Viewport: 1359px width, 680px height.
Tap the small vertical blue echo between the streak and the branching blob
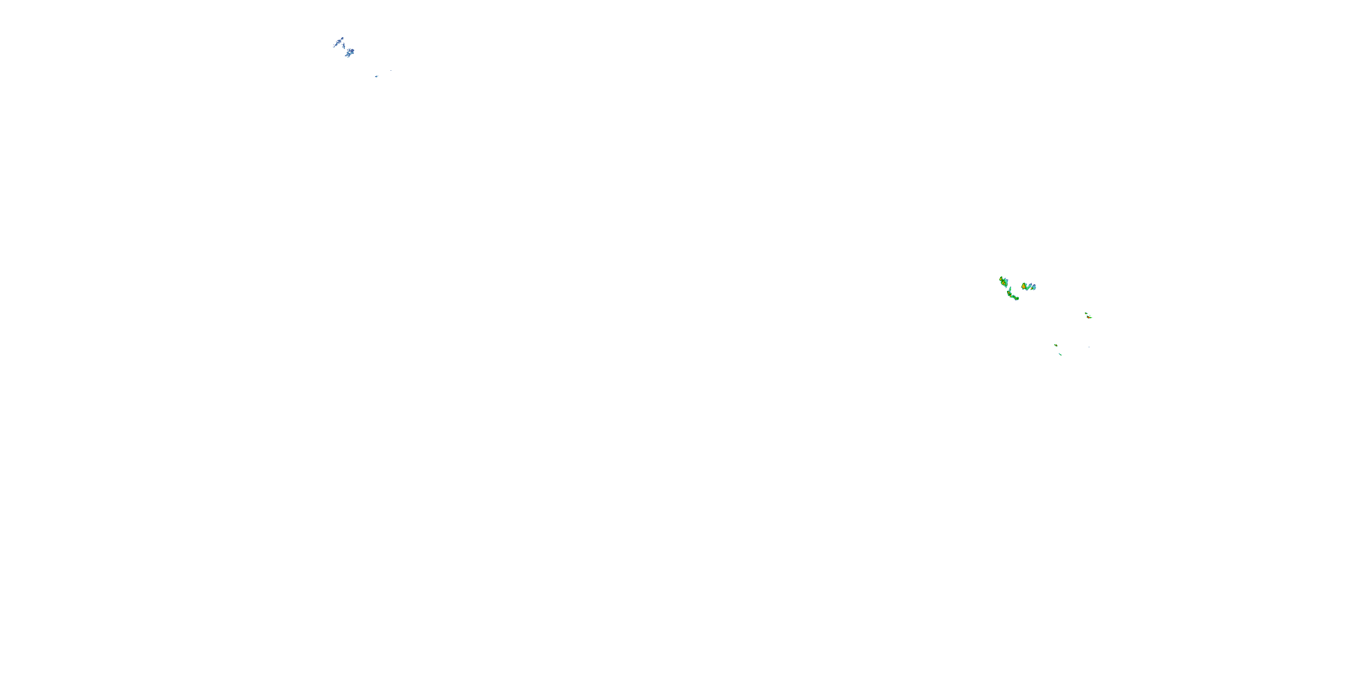click(344, 46)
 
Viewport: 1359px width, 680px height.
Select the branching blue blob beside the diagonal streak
click(350, 52)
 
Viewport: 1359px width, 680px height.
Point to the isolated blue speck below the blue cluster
click(377, 77)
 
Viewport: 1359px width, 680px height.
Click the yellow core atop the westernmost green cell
click(1001, 279)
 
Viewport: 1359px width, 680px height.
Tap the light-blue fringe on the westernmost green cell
click(1007, 282)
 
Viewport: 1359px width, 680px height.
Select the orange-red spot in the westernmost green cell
click(1004, 284)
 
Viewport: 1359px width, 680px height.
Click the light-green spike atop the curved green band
click(1010, 289)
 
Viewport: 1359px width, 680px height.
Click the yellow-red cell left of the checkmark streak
click(1024, 287)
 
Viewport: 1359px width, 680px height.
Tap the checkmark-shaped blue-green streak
click(1029, 288)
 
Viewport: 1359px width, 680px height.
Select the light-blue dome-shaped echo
click(1035, 287)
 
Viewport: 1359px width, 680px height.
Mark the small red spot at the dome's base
click(1032, 289)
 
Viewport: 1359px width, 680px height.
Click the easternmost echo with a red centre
click(1089, 317)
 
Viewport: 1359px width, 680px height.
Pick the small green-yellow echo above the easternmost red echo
click(1086, 314)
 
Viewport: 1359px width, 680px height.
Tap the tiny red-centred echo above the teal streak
click(1056, 345)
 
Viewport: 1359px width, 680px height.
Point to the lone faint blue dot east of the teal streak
click(1089, 347)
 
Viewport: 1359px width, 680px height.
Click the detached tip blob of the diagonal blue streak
click(342, 39)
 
